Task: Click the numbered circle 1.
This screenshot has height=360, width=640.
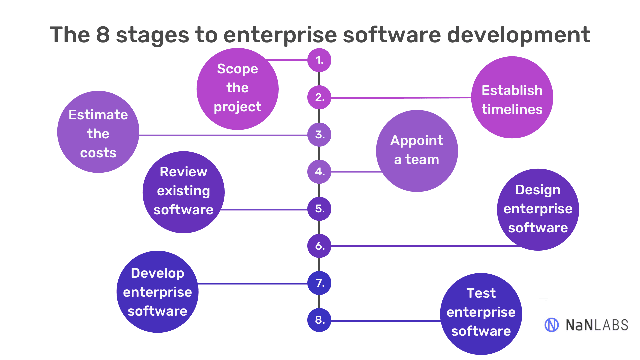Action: [x=319, y=60]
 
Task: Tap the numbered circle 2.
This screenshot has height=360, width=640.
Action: [x=319, y=97]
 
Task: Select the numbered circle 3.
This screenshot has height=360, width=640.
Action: [x=319, y=135]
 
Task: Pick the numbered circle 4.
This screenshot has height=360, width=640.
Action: [x=319, y=172]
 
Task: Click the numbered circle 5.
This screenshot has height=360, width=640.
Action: [x=319, y=209]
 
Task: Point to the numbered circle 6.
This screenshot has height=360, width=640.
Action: [x=319, y=246]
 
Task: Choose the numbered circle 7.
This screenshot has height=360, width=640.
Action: [x=319, y=283]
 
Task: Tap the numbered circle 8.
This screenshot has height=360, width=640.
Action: [x=319, y=320]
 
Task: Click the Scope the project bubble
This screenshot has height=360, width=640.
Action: [x=237, y=88]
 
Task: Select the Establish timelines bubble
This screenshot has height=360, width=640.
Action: [x=512, y=97]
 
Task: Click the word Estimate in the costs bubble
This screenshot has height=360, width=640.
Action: [x=98, y=115]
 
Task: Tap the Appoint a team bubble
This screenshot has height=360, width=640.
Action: [x=417, y=151]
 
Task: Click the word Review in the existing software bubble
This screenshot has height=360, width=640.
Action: [x=183, y=172]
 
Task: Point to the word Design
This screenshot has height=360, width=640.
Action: [x=538, y=190]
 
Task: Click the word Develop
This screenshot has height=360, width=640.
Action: [x=157, y=273]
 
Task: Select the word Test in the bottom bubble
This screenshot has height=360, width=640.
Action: [x=481, y=293]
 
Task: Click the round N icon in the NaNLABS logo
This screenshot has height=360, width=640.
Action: [x=551, y=325]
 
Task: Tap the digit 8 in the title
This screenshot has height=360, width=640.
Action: [x=103, y=35]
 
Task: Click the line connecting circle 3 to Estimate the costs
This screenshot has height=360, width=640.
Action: [x=223, y=135]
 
